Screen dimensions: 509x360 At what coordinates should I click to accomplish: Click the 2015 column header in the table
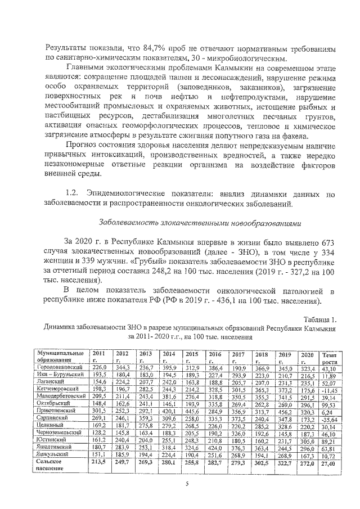click(192, 357)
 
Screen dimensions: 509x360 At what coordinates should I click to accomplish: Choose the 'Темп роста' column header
click(327, 357)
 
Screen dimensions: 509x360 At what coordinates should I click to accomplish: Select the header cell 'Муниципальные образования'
click(59, 357)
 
